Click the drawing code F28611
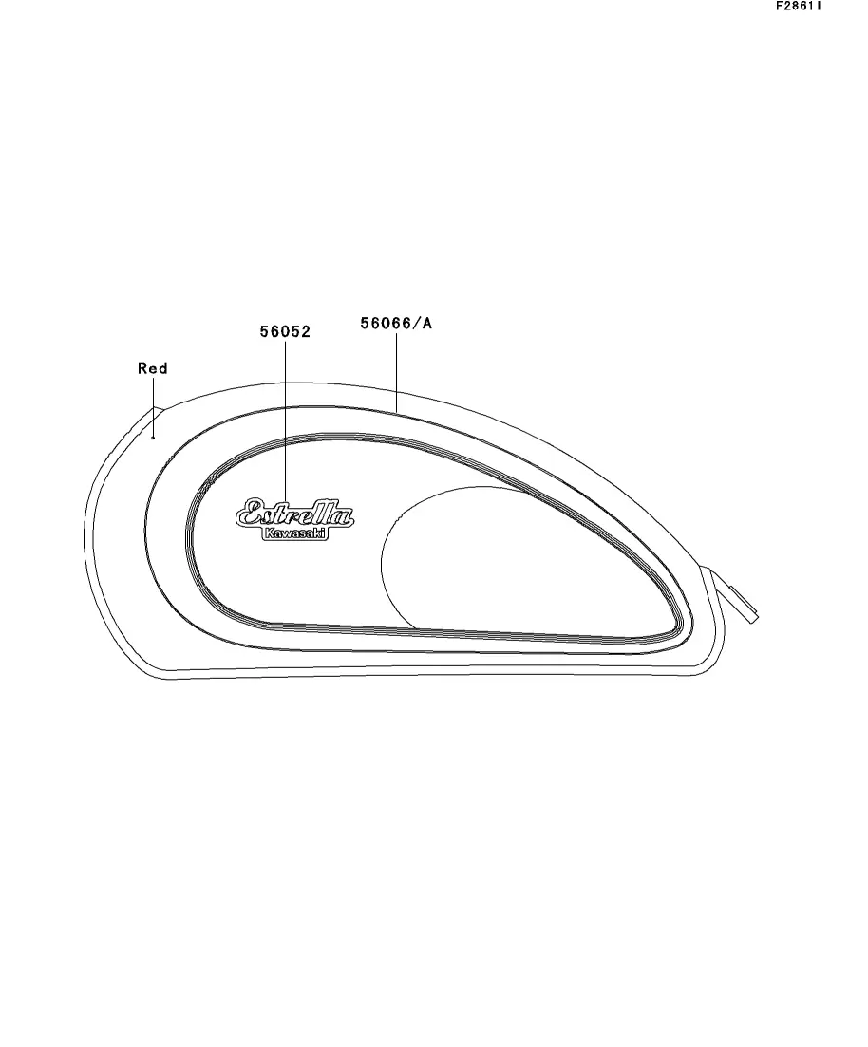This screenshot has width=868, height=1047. [799, 6]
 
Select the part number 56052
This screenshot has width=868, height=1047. [285, 331]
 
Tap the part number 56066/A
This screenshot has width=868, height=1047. [396, 323]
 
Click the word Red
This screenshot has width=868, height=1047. [152, 368]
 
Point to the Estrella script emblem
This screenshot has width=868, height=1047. [294, 514]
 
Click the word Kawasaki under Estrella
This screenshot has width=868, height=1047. [294, 533]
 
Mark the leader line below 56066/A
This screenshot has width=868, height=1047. [396, 373]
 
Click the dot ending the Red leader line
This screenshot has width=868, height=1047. [153, 438]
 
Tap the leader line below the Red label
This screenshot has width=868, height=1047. [153, 406]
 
